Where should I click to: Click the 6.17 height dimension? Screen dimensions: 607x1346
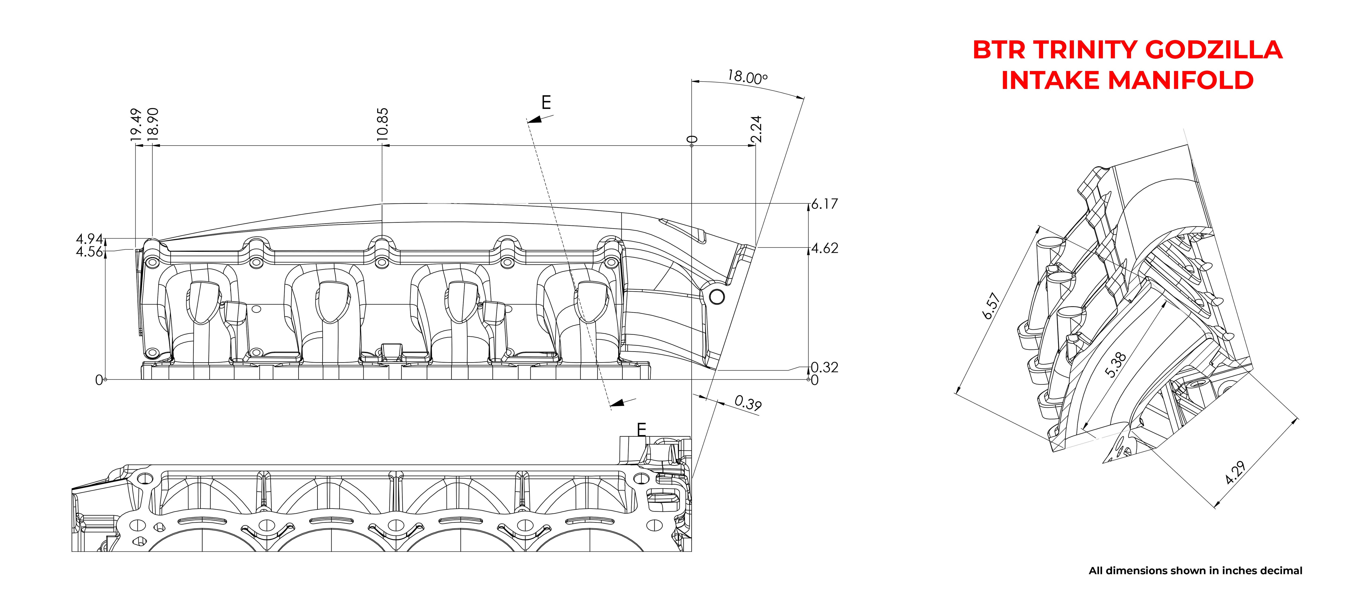824,204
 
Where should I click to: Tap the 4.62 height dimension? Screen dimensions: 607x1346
824,248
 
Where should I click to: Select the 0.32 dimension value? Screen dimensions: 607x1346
824,367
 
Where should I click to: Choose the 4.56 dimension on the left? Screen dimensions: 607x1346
89,252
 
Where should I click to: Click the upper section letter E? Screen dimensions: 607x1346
546,102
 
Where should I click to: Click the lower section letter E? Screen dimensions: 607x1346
642,429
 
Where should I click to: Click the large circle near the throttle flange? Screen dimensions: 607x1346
717,297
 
